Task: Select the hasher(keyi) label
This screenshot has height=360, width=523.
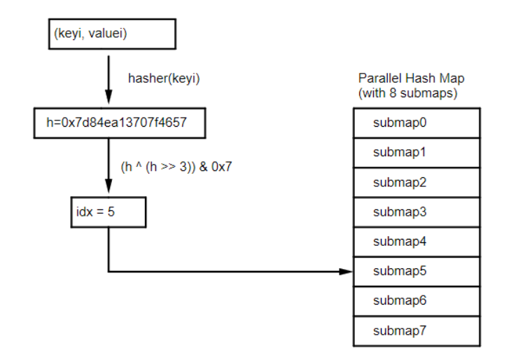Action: pyautogui.click(x=164, y=78)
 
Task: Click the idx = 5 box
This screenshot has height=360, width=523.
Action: pyautogui.click(x=109, y=212)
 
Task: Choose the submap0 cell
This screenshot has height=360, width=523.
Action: pyautogui.click(x=417, y=123)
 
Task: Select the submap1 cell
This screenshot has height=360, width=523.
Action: pyautogui.click(x=417, y=153)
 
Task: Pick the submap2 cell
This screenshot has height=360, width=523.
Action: pyautogui.click(x=417, y=182)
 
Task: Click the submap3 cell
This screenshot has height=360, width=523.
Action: pyautogui.click(x=417, y=212)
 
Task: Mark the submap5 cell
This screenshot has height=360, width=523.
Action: pyautogui.click(x=417, y=271)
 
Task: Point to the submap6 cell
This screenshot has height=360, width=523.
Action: pyautogui.click(x=417, y=300)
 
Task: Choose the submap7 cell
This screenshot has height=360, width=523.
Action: pyautogui.click(x=417, y=330)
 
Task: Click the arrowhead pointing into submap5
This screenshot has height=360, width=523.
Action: pyautogui.click(x=348, y=271)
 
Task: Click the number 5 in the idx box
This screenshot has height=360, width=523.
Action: pyautogui.click(x=111, y=212)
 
